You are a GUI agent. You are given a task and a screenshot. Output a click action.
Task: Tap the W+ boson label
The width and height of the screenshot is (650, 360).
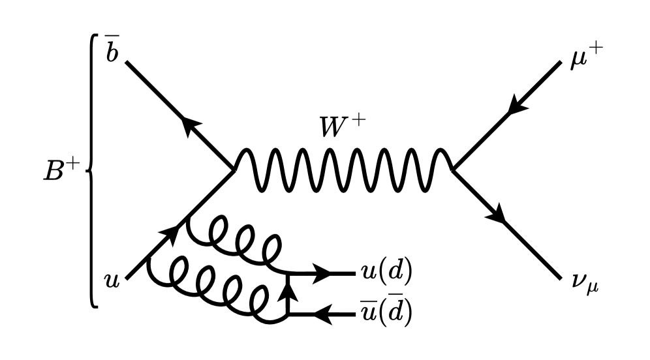coord(339,127)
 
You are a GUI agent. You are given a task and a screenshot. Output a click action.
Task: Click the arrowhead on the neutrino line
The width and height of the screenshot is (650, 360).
coord(501,216)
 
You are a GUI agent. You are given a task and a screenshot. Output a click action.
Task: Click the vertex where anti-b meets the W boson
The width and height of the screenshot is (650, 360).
coord(233,170)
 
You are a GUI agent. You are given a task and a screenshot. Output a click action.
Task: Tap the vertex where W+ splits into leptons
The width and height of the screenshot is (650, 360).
coord(454,170)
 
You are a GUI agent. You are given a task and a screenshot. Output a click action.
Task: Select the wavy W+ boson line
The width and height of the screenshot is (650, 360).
coord(343,170)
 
